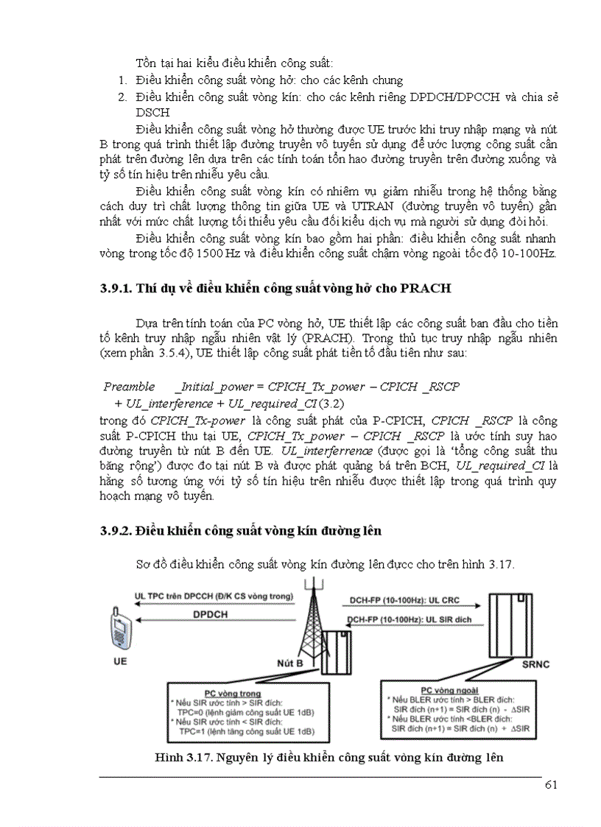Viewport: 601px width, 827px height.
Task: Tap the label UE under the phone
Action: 120,661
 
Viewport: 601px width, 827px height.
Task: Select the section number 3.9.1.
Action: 116,289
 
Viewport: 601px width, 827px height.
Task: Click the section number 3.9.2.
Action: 116,530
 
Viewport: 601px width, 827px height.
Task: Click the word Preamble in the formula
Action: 129,386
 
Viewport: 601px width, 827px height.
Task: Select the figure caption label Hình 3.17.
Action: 183,757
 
